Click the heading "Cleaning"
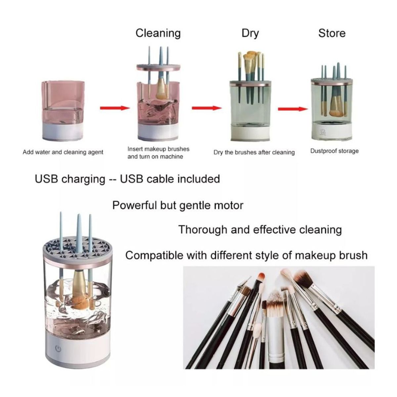pyautogui.click(x=158, y=33)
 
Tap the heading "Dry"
pyautogui.click(x=250, y=33)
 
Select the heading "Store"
pyautogui.click(x=331, y=33)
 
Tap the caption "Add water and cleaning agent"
pyautogui.click(x=63, y=152)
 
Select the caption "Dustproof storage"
pyautogui.click(x=334, y=151)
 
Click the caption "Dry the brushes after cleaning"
pyautogui.click(x=254, y=152)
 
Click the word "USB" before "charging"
pyautogui.click(x=47, y=179)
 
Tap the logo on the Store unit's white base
pyautogui.click(x=322, y=133)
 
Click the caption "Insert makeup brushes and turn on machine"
pyautogui.click(x=158, y=153)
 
